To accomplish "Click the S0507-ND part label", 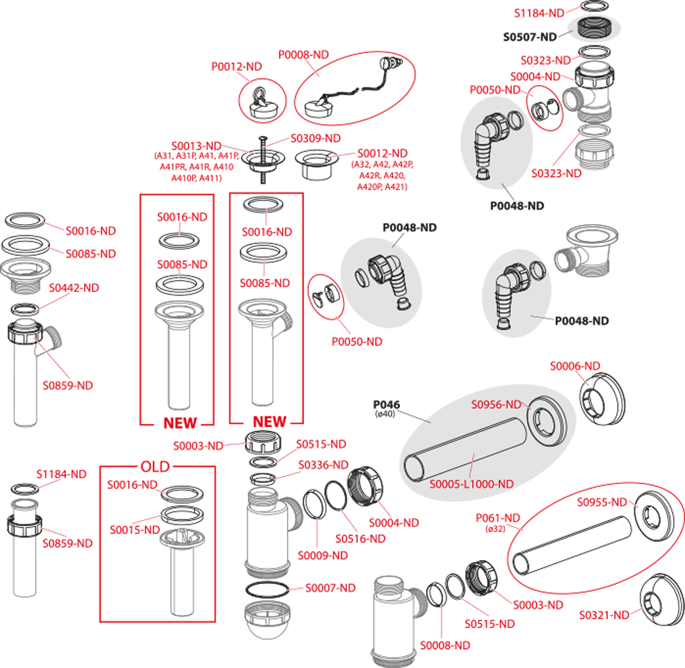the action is pos(530,37).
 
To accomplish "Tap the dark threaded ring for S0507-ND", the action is pos(594,28).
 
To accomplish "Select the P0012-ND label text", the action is pos(236,67).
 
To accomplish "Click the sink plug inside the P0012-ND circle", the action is pos(263,104).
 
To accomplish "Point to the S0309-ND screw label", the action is pos(316,138).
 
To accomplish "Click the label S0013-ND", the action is pos(196,145).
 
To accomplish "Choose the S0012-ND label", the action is pos(382,153).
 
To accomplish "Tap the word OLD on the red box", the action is pos(155,467).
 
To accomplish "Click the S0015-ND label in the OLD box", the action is pos(135,530).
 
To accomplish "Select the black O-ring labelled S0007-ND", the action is pos(267,589).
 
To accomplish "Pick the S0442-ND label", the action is pos(74,288).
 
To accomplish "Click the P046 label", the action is pos(386,404).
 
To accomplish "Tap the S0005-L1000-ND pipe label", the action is pos(472,484).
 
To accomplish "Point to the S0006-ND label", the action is pos(575,366).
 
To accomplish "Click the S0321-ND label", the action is pos(604,615).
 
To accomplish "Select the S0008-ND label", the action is pos(445,646).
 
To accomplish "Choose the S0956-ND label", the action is pos(496,404).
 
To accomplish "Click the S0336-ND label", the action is pos(323,465).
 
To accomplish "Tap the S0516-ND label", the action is pos(360,539).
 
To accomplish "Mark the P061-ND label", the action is pos(498,518).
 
